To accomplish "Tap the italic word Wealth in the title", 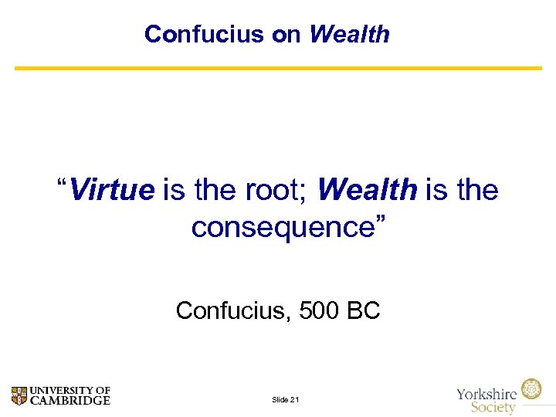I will point(349,34).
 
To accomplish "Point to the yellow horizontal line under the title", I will point(278,68).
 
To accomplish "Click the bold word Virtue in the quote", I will point(112,189).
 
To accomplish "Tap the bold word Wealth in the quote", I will point(367,189).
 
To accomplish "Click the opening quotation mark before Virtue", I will point(62,184).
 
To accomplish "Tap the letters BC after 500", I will point(363,310).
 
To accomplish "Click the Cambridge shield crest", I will point(19,395).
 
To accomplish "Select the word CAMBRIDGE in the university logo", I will point(69,400).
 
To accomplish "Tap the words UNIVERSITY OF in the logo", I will point(69,390).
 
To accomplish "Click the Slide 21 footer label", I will point(286,399).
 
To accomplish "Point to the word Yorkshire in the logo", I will point(487,393).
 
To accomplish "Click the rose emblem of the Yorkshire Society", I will point(531,389).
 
